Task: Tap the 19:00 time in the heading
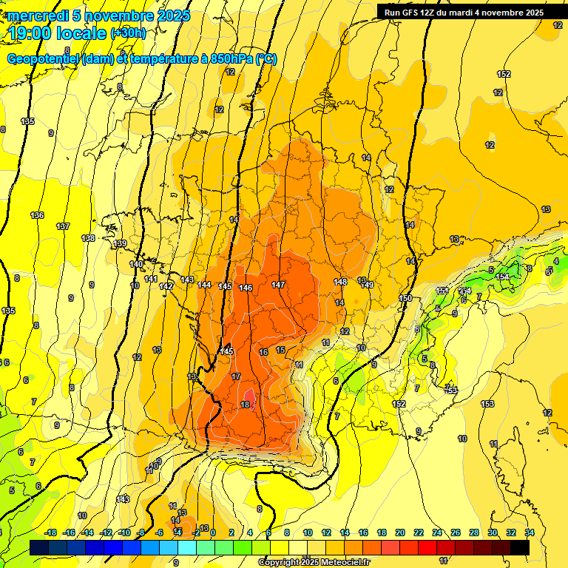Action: [x=30, y=33]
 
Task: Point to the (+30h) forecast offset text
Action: [x=129, y=33]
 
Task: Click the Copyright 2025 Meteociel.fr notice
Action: [x=314, y=562]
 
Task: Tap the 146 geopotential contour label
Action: [x=246, y=288]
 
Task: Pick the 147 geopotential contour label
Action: [x=278, y=285]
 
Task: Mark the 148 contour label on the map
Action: [x=340, y=282]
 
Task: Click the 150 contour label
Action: [x=405, y=298]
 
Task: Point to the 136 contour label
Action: [x=37, y=215]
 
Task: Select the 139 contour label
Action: [x=121, y=243]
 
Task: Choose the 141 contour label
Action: [x=150, y=279]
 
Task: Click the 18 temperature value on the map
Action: [x=245, y=404]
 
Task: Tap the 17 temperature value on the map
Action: [x=235, y=377]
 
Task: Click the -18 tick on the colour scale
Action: [x=51, y=532]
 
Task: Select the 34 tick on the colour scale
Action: [x=529, y=532]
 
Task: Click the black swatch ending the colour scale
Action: [x=519, y=547]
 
